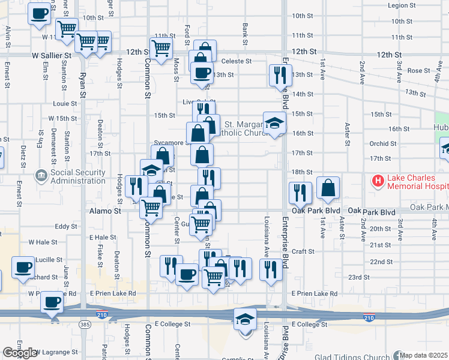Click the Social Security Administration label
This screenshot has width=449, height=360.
(77, 176)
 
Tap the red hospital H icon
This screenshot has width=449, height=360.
(378, 180)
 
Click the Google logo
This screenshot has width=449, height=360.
(20, 353)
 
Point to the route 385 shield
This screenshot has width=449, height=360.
(84, 324)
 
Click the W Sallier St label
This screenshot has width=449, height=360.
(52, 55)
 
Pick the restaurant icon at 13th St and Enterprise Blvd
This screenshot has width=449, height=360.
(280, 75)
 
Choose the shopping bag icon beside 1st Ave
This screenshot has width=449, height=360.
(328, 188)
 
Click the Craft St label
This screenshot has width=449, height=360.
(304, 251)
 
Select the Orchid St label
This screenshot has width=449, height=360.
(383, 144)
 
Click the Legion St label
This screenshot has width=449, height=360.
(402, 5)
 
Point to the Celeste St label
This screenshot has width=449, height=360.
(236, 61)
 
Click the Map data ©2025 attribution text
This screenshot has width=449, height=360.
(424, 355)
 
